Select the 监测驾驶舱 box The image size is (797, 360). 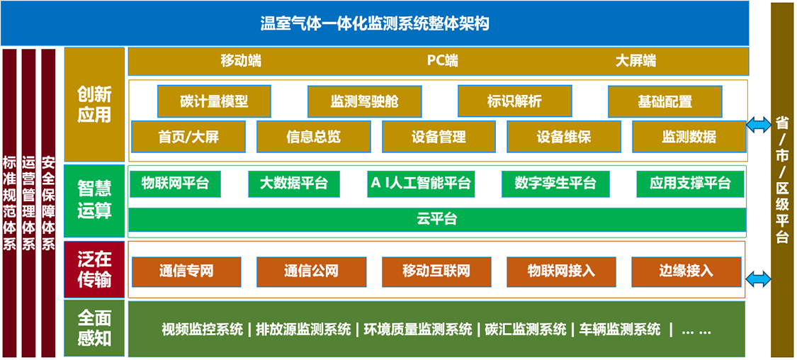[364, 101]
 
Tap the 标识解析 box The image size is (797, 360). [514, 101]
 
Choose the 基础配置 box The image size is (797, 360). [665, 101]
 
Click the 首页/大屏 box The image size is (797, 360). [188, 137]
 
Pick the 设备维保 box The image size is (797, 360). [564, 137]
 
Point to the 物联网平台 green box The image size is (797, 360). [175, 184]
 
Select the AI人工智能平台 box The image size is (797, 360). [421, 184]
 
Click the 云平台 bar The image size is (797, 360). [437, 219]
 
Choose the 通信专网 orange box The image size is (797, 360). [186, 271]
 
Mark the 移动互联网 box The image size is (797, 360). [436, 271]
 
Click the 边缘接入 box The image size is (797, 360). [686, 271]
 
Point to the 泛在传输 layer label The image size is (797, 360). [94, 269]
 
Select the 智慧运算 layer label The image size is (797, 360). [94, 201]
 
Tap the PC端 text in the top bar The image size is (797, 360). [442, 61]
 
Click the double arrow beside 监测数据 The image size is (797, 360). [759, 125]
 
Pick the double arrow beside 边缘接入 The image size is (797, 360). [759, 279]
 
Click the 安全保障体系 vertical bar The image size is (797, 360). [48, 203]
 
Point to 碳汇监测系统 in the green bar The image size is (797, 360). [525, 330]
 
